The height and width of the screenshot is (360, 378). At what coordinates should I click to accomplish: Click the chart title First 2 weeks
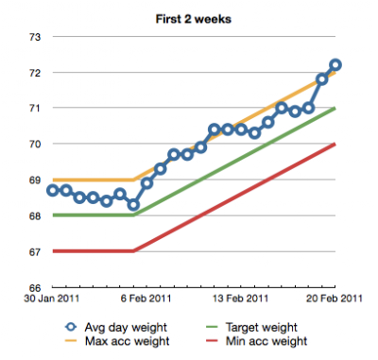pos(194,19)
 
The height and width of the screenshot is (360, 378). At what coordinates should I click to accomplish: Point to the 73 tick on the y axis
pos(35,37)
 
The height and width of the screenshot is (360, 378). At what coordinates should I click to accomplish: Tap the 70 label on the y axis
pos(35,145)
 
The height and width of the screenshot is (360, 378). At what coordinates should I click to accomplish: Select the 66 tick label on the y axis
pos(35,287)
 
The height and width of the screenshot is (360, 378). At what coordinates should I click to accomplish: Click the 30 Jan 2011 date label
pos(52,299)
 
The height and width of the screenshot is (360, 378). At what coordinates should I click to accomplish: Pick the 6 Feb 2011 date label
pos(146,299)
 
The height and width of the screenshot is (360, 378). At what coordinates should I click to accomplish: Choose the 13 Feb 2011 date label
pos(241,299)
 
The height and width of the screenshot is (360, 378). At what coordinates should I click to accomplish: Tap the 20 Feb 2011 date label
pos(335,299)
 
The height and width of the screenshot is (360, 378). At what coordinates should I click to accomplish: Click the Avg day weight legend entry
pos(116,328)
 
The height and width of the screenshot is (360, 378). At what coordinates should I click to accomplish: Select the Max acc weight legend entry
pos(117,341)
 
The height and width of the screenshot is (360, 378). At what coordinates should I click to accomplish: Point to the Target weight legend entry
pos(251,328)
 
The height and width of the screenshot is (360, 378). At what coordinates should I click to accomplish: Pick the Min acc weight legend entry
pos(256,341)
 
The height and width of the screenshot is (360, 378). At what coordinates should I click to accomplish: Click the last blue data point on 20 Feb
pos(335,65)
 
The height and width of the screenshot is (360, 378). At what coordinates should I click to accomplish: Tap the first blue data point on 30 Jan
pos(53,191)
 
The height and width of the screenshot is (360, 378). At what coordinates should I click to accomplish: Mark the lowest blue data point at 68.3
pos(133,205)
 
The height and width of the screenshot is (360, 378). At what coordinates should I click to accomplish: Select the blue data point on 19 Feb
pos(322,79)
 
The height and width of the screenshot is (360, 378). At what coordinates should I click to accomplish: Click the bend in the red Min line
pos(134,251)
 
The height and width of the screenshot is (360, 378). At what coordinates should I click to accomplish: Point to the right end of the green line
pos(335,108)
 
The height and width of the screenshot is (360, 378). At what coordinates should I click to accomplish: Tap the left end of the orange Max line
pos(54,180)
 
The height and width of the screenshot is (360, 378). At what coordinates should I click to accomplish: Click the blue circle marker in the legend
pos(71,327)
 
